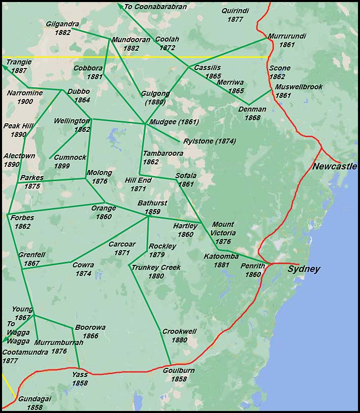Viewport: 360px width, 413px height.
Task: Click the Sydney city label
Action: [x=304, y=269]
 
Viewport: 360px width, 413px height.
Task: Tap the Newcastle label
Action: [x=334, y=166]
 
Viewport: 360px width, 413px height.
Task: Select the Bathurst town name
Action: [x=152, y=203]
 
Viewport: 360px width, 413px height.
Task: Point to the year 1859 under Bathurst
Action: [x=152, y=212]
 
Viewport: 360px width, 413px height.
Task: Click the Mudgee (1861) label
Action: [x=174, y=122]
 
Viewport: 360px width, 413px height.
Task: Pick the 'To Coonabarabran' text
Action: [x=155, y=7]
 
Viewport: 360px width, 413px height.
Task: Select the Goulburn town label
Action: [x=179, y=370]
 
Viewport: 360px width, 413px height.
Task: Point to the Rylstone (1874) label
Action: [x=210, y=141]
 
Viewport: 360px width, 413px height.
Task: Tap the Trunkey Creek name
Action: [x=156, y=267]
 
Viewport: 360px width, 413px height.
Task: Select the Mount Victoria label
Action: [x=223, y=228]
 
